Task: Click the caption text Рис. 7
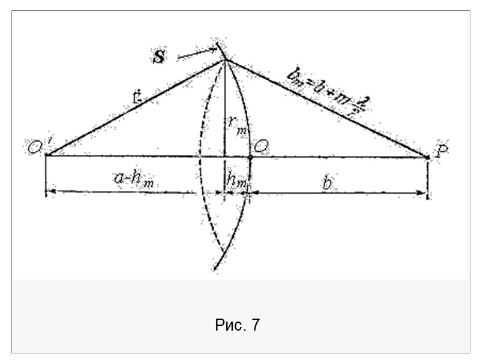click(x=237, y=325)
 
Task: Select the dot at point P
click(x=427, y=157)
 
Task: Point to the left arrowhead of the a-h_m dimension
click(x=50, y=192)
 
